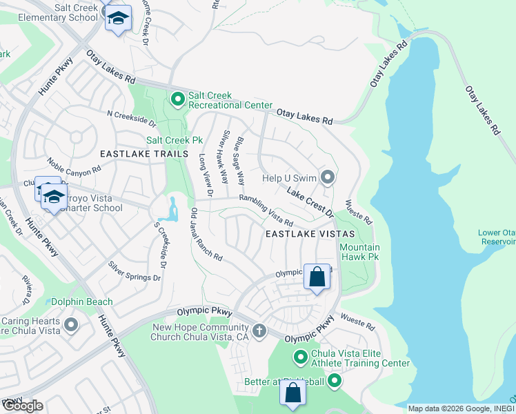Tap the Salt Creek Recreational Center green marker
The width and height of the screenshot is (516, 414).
click(x=177, y=100)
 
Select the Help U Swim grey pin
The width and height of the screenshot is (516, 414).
click(x=328, y=178)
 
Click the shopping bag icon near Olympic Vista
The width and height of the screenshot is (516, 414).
click(x=317, y=277)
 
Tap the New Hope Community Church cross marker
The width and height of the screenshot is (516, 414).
click(x=259, y=331)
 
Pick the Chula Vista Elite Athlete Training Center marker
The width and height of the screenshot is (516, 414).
click(x=300, y=357)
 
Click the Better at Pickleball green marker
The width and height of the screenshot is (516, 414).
click(x=335, y=381)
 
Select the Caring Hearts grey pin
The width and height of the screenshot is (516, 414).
click(x=71, y=325)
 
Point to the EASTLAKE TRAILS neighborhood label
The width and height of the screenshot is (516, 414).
click(x=143, y=153)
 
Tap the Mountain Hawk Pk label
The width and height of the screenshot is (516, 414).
click(x=359, y=253)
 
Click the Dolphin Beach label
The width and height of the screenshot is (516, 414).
click(x=82, y=302)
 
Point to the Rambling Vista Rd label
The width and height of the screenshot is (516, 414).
click(x=266, y=210)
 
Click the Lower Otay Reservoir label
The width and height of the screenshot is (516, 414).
click(x=496, y=237)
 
